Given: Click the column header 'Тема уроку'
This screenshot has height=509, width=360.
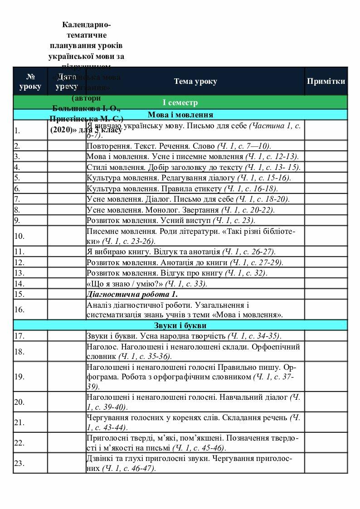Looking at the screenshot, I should click(195, 82).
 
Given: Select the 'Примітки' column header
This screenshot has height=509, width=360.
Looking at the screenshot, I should click(326, 82).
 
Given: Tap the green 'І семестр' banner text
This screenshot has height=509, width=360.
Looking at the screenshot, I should click(180, 103).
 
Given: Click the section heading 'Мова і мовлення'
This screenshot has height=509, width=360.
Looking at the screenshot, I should click(180, 115).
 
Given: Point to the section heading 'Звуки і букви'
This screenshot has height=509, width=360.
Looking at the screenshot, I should click(180, 325).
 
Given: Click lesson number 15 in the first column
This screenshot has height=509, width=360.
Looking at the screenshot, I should click(19, 294).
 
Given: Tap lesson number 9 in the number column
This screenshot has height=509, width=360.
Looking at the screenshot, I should click(17, 221).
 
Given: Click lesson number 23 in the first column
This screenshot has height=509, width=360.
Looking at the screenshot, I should click(19, 463).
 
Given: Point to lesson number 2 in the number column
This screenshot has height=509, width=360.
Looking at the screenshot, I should click(17, 146).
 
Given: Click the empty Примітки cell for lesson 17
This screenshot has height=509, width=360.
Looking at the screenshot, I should click(326, 336).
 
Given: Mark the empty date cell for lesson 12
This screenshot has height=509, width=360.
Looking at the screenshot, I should click(67, 262).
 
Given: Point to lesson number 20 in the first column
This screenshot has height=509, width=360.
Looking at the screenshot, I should click(19, 402).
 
